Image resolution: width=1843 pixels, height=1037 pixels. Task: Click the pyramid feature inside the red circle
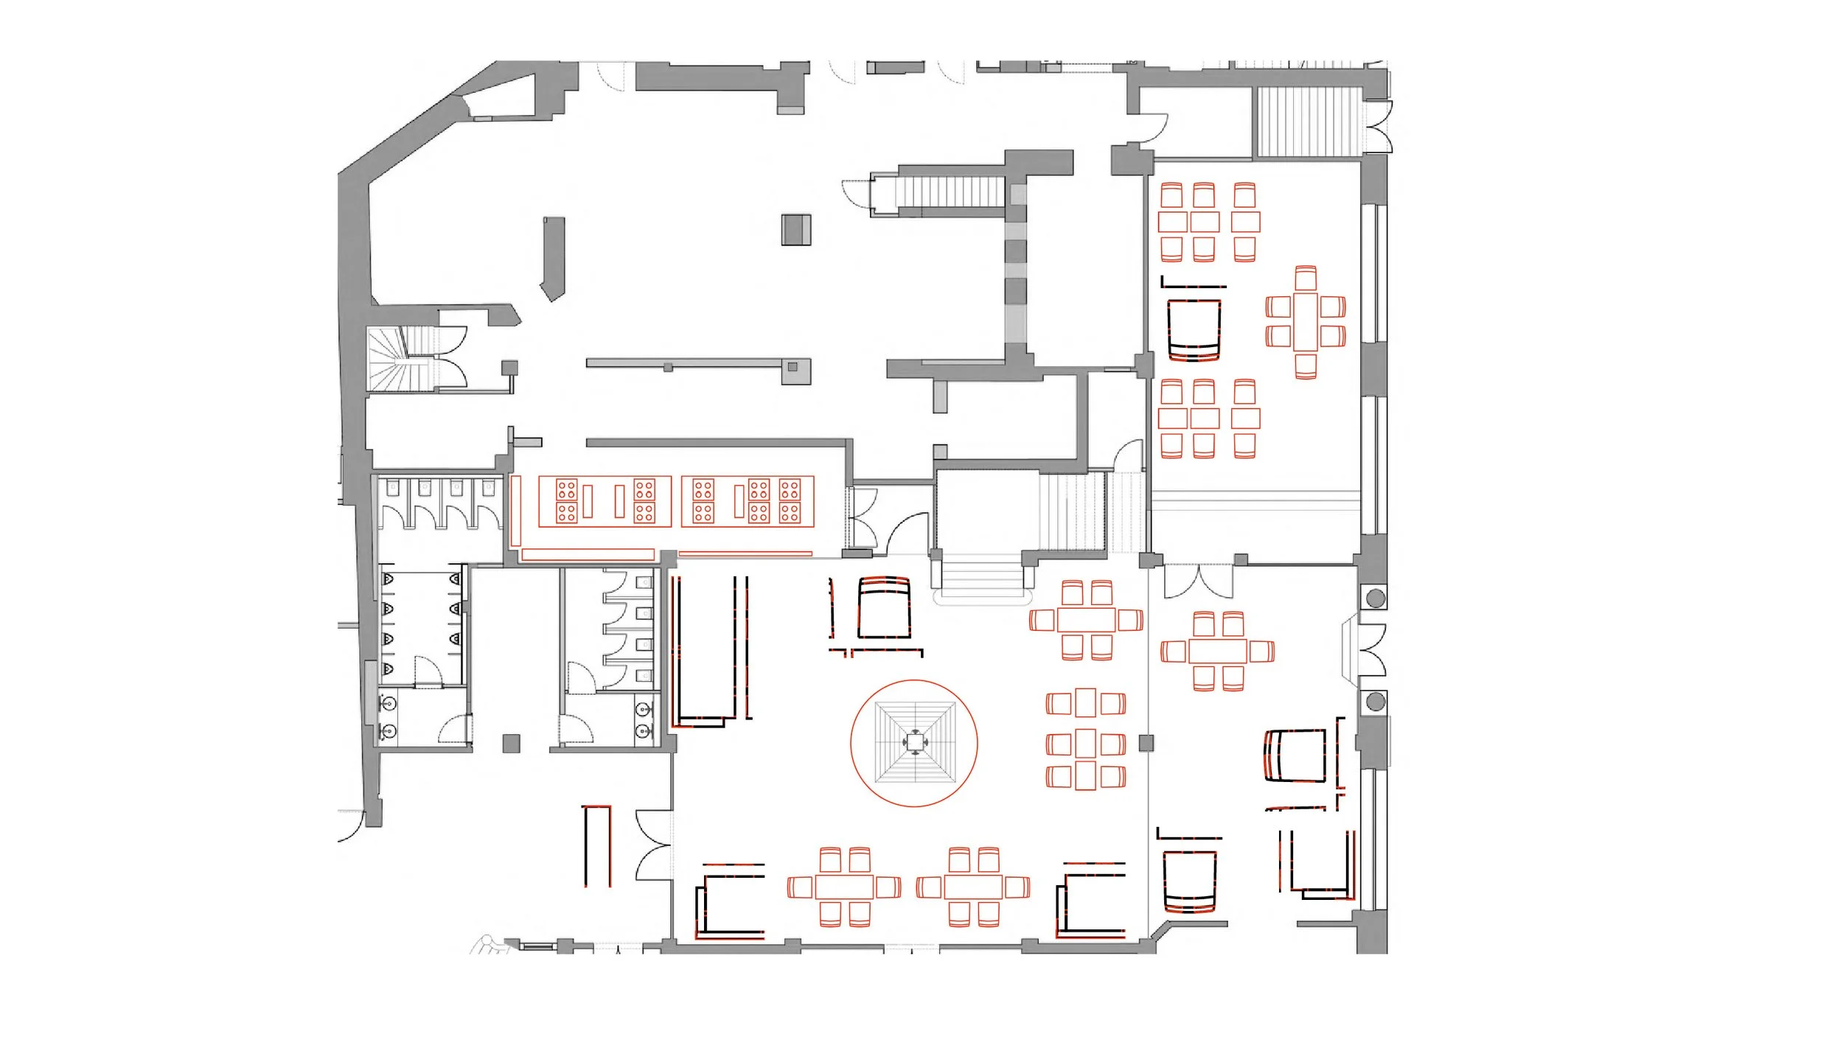pyautogui.click(x=914, y=742)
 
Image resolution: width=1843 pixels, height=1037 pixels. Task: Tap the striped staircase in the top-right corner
pyautogui.click(x=1309, y=122)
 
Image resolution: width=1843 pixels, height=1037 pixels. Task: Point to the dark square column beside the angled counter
pyautogui.click(x=796, y=229)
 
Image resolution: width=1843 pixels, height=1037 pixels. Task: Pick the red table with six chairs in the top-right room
pyautogui.click(x=1306, y=322)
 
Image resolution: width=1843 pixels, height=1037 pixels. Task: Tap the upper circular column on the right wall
pyautogui.click(x=1376, y=598)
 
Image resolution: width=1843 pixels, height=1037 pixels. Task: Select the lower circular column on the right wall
pyautogui.click(x=1376, y=702)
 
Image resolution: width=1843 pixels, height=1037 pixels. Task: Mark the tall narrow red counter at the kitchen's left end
pyautogui.click(x=516, y=511)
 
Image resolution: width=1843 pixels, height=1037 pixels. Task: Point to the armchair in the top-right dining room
pyautogui.click(x=1194, y=329)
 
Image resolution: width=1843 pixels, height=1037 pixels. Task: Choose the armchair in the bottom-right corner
pyautogui.click(x=1189, y=881)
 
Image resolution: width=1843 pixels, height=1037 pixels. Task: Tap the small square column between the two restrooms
pyautogui.click(x=511, y=743)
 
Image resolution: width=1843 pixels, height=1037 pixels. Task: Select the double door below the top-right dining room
pyautogui.click(x=1198, y=582)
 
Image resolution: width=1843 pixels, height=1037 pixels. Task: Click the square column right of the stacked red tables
pyautogui.click(x=1146, y=743)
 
